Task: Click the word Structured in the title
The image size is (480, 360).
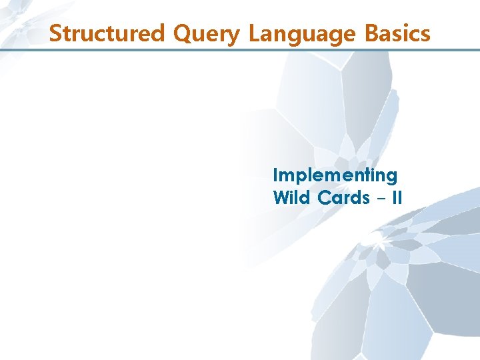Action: [x=107, y=33]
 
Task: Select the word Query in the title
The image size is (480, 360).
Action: [x=207, y=33]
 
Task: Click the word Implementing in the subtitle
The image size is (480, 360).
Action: [x=335, y=176]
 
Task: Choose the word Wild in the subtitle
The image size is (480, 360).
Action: [x=290, y=198]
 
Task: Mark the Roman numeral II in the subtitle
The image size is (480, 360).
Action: [x=396, y=198]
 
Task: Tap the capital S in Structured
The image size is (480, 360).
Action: [x=55, y=33]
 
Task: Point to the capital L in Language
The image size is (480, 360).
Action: [x=254, y=33]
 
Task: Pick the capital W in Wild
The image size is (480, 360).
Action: [x=281, y=198]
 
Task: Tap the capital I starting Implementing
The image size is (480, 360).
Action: [x=275, y=175]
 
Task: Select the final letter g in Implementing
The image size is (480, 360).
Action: [x=391, y=178]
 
